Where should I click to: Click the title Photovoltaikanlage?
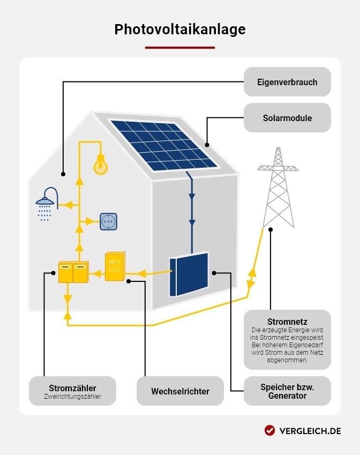coord(180,29)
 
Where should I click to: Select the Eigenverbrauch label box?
coord(287,82)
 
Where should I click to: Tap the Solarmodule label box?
coord(287,118)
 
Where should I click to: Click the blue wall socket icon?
coord(108,221)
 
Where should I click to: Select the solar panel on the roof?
coord(164,145)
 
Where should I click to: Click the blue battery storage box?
coord(189,273)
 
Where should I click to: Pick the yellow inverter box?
coord(115,266)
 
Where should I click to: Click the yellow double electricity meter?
coord(73,272)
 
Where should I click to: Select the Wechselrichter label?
coord(180,391)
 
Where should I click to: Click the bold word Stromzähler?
coord(72,388)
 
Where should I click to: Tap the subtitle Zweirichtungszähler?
coord(72,397)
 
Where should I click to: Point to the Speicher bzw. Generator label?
coord(287,391)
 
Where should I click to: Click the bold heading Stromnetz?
coord(287,322)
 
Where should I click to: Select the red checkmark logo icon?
coord(269,430)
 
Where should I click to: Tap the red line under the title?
coord(180,48)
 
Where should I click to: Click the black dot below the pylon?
coord(271,229)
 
